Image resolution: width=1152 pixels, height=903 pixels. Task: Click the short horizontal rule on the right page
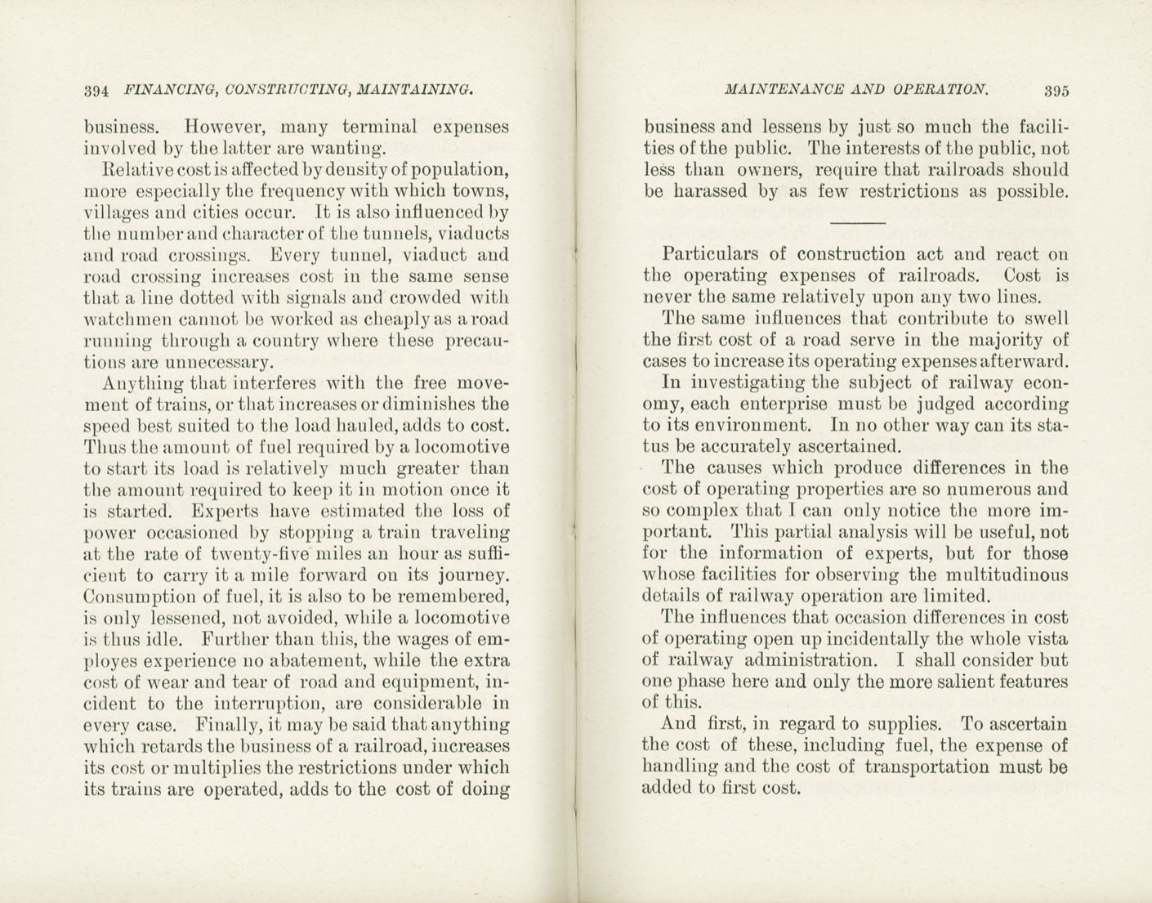(x=857, y=223)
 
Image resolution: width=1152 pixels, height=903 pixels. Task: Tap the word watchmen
(x=127, y=319)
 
